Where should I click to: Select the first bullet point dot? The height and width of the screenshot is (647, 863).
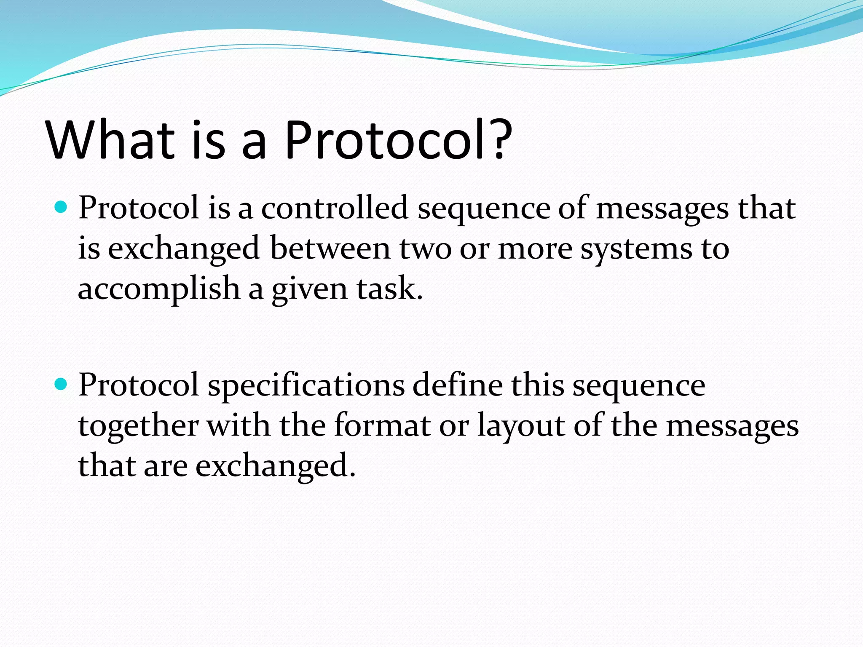(62, 207)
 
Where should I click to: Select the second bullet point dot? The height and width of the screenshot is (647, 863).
(62, 384)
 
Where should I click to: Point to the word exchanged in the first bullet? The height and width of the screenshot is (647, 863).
(184, 249)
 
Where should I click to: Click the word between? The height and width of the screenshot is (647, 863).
(330, 249)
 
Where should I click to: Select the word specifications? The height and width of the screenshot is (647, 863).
(306, 385)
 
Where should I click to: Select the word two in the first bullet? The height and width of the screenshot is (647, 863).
(425, 249)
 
